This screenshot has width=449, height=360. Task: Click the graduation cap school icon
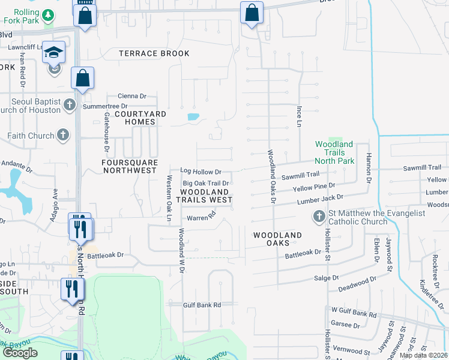tap(53, 53)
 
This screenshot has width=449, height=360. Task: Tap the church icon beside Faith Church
tap(63, 136)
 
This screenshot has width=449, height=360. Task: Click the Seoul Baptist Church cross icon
tap(70, 105)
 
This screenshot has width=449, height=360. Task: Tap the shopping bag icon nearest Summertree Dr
tap(82, 79)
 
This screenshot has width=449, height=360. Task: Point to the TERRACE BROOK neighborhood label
tap(154, 53)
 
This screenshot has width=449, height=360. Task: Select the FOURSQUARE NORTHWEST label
tap(130, 166)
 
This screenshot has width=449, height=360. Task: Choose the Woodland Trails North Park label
tap(334, 152)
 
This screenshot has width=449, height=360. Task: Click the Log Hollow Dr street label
tap(201, 172)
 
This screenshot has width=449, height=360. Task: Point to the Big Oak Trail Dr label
tap(206, 183)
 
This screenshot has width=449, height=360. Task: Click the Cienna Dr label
tap(132, 96)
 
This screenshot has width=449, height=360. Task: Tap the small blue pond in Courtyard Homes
tap(193, 117)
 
